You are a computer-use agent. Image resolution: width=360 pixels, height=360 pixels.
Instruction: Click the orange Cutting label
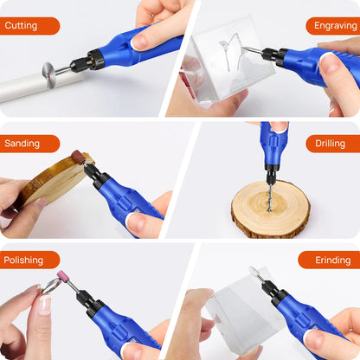[x=29, y=26]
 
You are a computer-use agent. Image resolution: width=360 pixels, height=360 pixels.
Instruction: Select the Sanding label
[x=29, y=144]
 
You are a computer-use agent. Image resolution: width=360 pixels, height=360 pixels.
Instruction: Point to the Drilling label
[x=332, y=144]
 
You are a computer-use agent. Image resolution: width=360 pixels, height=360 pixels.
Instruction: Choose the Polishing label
[x=29, y=260]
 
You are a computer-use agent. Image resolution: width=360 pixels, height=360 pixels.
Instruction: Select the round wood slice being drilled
[x=270, y=210]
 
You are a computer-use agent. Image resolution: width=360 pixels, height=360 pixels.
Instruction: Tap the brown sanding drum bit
[x=78, y=157]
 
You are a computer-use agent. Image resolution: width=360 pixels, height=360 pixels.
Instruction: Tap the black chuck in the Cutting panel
[x=87, y=61]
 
